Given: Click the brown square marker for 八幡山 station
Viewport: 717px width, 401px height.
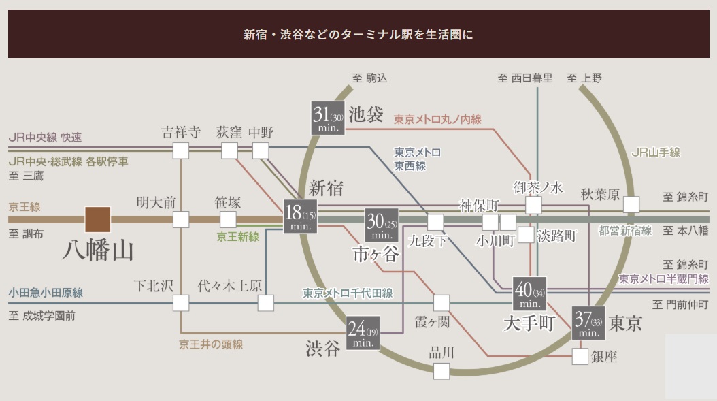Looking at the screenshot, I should click(x=98, y=219).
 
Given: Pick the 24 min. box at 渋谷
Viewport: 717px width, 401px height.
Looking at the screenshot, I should click(x=363, y=333).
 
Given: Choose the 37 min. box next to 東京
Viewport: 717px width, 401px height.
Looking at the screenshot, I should click(x=588, y=324).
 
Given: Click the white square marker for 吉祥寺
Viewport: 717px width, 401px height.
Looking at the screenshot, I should click(x=181, y=150).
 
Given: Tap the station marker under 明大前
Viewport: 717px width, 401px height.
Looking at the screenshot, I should click(x=181, y=219).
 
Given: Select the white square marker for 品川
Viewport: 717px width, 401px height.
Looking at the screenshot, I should click(x=441, y=371).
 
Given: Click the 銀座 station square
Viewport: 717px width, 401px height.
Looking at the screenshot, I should click(x=580, y=356).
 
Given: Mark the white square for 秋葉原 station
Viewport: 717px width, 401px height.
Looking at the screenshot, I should click(x=632, y=204).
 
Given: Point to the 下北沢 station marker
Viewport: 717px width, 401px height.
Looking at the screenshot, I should click(x=181, y=303).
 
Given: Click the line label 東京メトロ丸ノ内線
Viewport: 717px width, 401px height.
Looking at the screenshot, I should click(x=437, y=119).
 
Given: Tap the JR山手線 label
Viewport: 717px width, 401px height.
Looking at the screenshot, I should click(x=656, y=153).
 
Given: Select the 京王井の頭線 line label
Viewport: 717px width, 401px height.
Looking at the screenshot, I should click(x=211, y=344).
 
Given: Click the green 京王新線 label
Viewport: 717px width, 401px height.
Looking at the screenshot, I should click(x=238, y=236).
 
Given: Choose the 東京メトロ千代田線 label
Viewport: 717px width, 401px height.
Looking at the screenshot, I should click(x=348, y=293).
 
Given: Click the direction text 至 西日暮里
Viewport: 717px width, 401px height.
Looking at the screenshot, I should click(x=525, y=78).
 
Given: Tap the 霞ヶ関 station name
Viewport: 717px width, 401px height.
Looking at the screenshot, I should click(x=433, y=321).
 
